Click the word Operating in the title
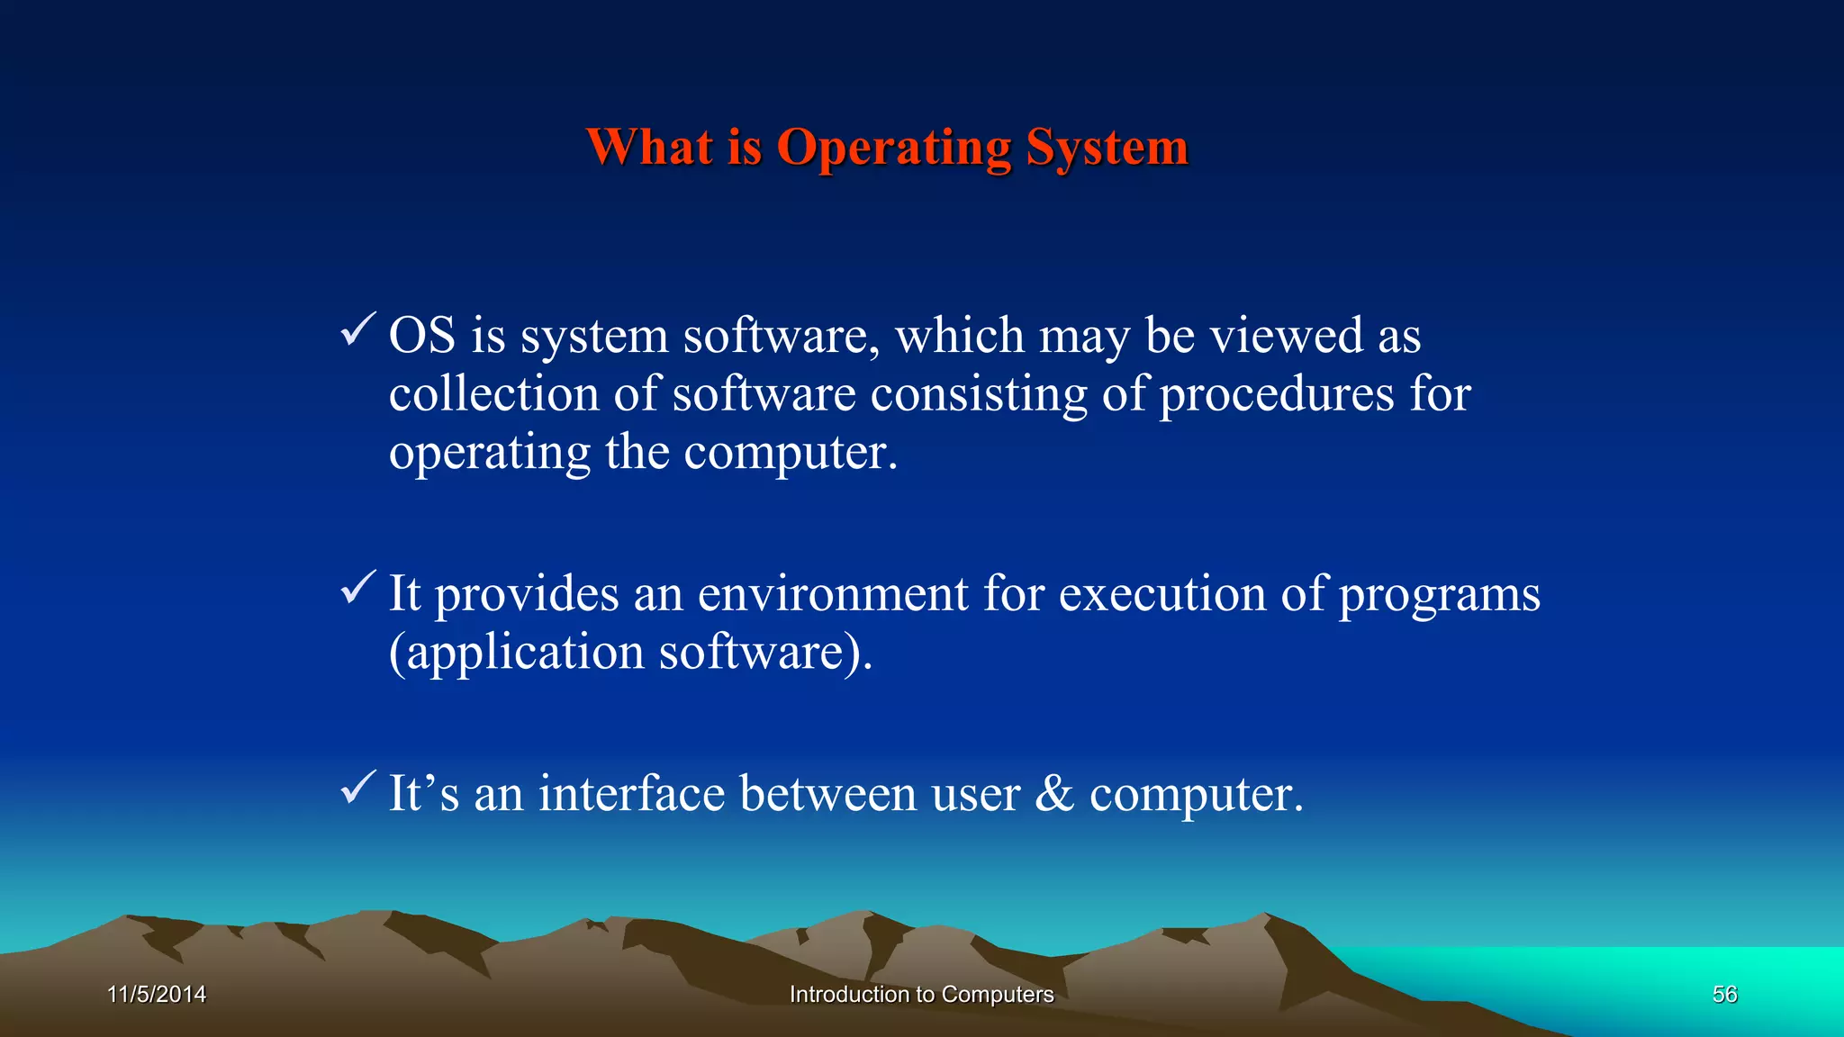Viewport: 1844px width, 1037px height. coord(893,149)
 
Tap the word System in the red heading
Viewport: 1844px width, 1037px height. coord(1107,149)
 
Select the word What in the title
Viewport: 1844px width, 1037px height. coord(649,147)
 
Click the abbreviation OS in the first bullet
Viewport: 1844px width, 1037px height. coord(421,336)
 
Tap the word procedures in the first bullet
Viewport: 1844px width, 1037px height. coord(1276,396)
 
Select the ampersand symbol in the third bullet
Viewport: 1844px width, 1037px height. coord(1054,794)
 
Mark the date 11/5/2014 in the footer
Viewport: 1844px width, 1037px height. coord(157,995)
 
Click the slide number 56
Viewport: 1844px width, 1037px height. coord(1724,995)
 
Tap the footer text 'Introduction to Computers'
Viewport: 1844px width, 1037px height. coord(921,995)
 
